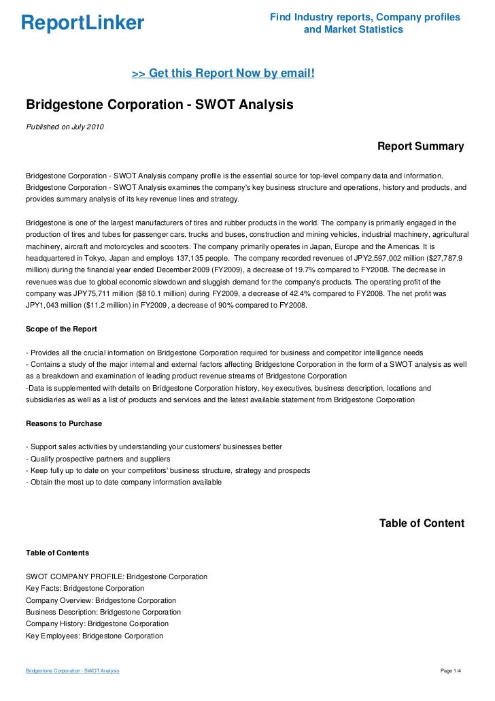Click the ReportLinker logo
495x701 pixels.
[x=83, y=23]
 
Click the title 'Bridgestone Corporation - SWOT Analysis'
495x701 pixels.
[x=159, y=105]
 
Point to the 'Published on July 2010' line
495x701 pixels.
[x=65, y=127]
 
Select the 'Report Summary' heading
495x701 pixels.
[x=420, y=146]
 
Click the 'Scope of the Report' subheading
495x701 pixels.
[x=61, y=329]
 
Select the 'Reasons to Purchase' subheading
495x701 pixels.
[x=64, y=423]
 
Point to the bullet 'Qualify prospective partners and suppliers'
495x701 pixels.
[x=98, y=459]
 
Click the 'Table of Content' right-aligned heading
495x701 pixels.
[x=422, y=523]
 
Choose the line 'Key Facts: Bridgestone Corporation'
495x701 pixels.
[x=85, y=588]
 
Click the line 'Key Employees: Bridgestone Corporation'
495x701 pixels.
[x=95, y=636]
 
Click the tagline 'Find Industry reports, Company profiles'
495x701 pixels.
[x=365, y=16]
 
